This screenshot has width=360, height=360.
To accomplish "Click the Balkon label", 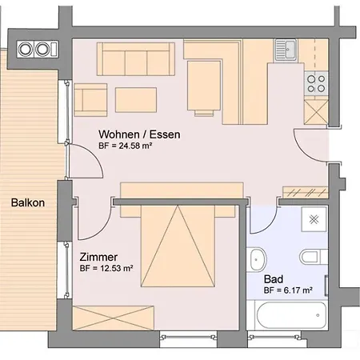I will pos(28,202).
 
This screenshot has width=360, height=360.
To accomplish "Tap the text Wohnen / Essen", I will pos(139,134).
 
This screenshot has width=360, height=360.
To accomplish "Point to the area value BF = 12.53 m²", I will pos(106,269).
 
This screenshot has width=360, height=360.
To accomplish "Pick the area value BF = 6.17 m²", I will pos(288,291).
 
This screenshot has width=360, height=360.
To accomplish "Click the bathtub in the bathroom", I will pos(286,317).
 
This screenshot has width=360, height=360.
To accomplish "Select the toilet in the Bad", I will pos(311,258).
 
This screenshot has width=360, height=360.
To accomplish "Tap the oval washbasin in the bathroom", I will pos(257,259).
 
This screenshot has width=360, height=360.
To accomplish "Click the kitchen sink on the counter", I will pos(285,49).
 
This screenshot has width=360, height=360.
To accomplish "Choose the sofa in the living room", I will pos(136,57).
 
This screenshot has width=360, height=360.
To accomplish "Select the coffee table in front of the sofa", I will pos(137,99).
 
